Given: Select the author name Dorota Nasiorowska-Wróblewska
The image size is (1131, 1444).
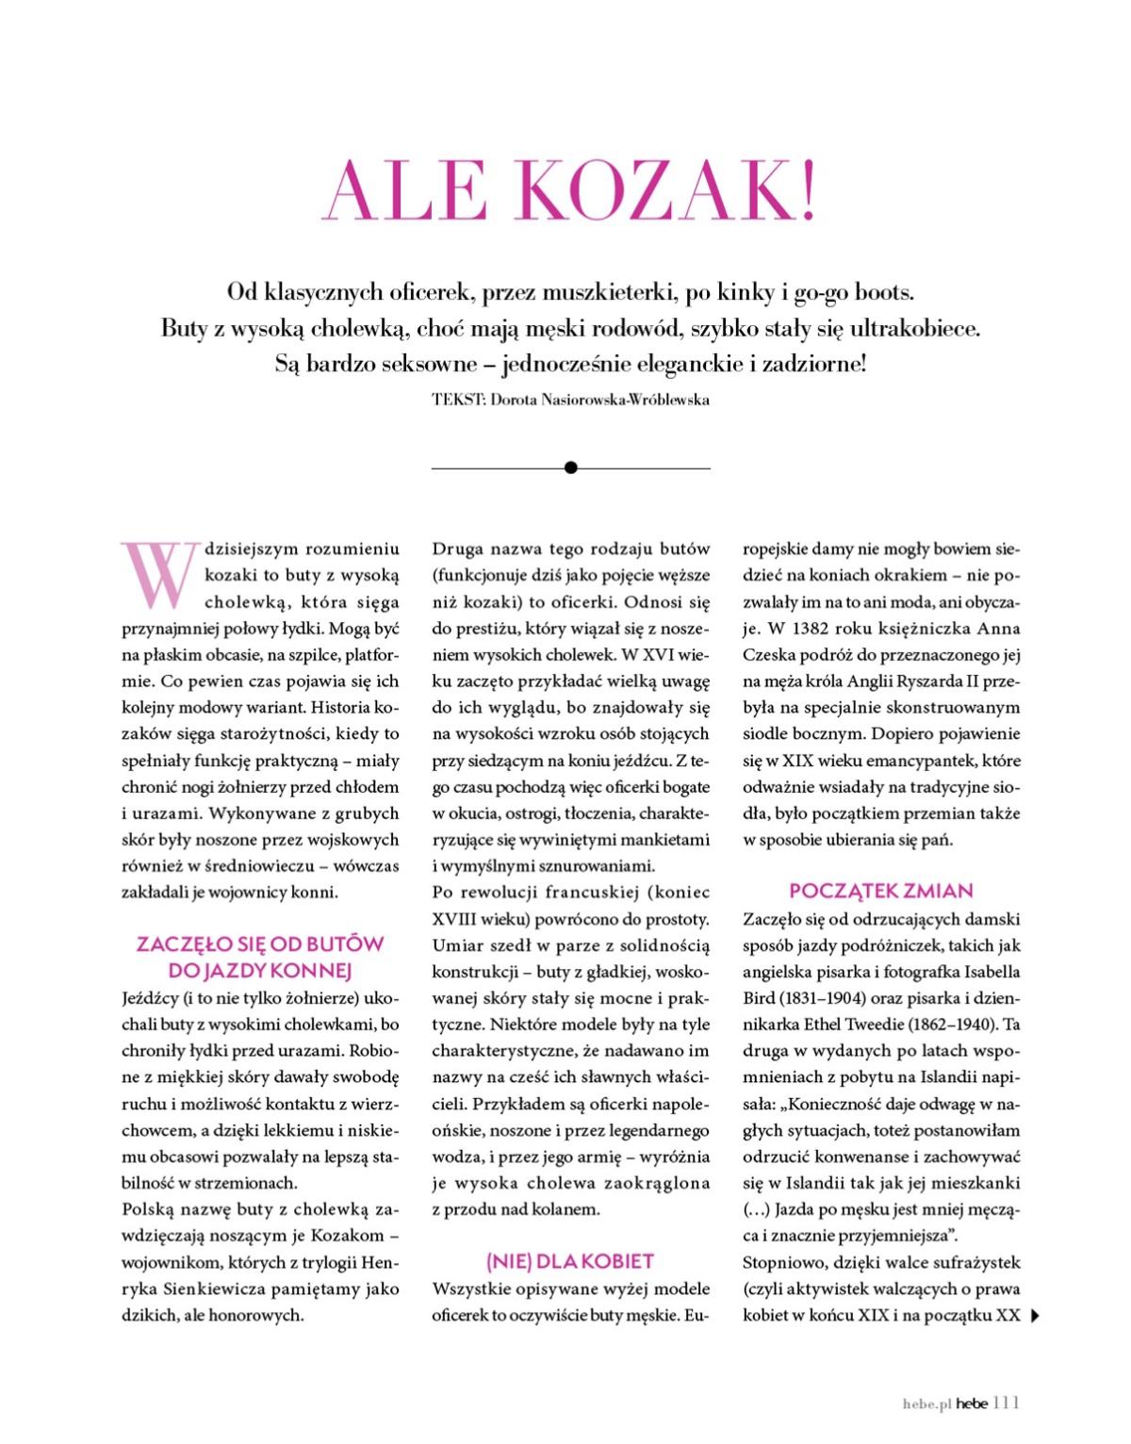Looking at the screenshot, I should [x=599, y=400].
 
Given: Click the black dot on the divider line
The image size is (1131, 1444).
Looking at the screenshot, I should [x=570, y=468].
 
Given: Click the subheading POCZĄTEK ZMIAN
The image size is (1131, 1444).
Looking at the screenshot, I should [x=881, y=891].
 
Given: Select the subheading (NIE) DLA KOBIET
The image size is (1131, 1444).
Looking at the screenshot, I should [x=569, y=1261].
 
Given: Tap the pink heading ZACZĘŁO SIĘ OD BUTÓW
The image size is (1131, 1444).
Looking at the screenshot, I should [x=260, y=944].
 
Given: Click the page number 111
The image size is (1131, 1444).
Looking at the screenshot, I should [x=1007, y=1403].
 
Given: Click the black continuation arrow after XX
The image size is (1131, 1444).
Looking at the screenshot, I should [x=1036, y=1316].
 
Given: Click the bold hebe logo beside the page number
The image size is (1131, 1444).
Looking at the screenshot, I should [x=972, y=1403].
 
